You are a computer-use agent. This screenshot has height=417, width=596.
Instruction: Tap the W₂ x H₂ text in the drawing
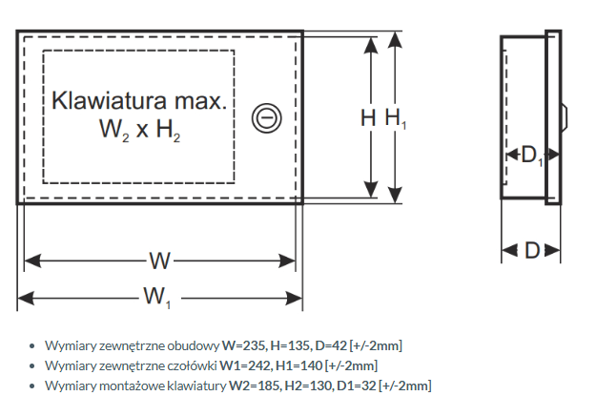click(140, 129)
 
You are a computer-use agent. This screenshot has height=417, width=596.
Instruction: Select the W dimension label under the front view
click(158, 261)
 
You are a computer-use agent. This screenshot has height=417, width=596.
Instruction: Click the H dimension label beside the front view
click(367, 117)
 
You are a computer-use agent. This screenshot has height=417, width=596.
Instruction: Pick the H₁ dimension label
click(395, 117)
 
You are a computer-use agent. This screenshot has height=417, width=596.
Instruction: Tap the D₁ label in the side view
click(531, 155)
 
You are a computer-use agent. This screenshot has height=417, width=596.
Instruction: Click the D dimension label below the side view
click(532, 250)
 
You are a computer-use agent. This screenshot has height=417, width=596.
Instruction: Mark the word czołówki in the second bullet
click(192, 365)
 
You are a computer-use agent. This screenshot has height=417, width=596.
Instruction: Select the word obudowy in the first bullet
click(195, 344)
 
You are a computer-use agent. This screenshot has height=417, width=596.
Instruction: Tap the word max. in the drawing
click(200, 100)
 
